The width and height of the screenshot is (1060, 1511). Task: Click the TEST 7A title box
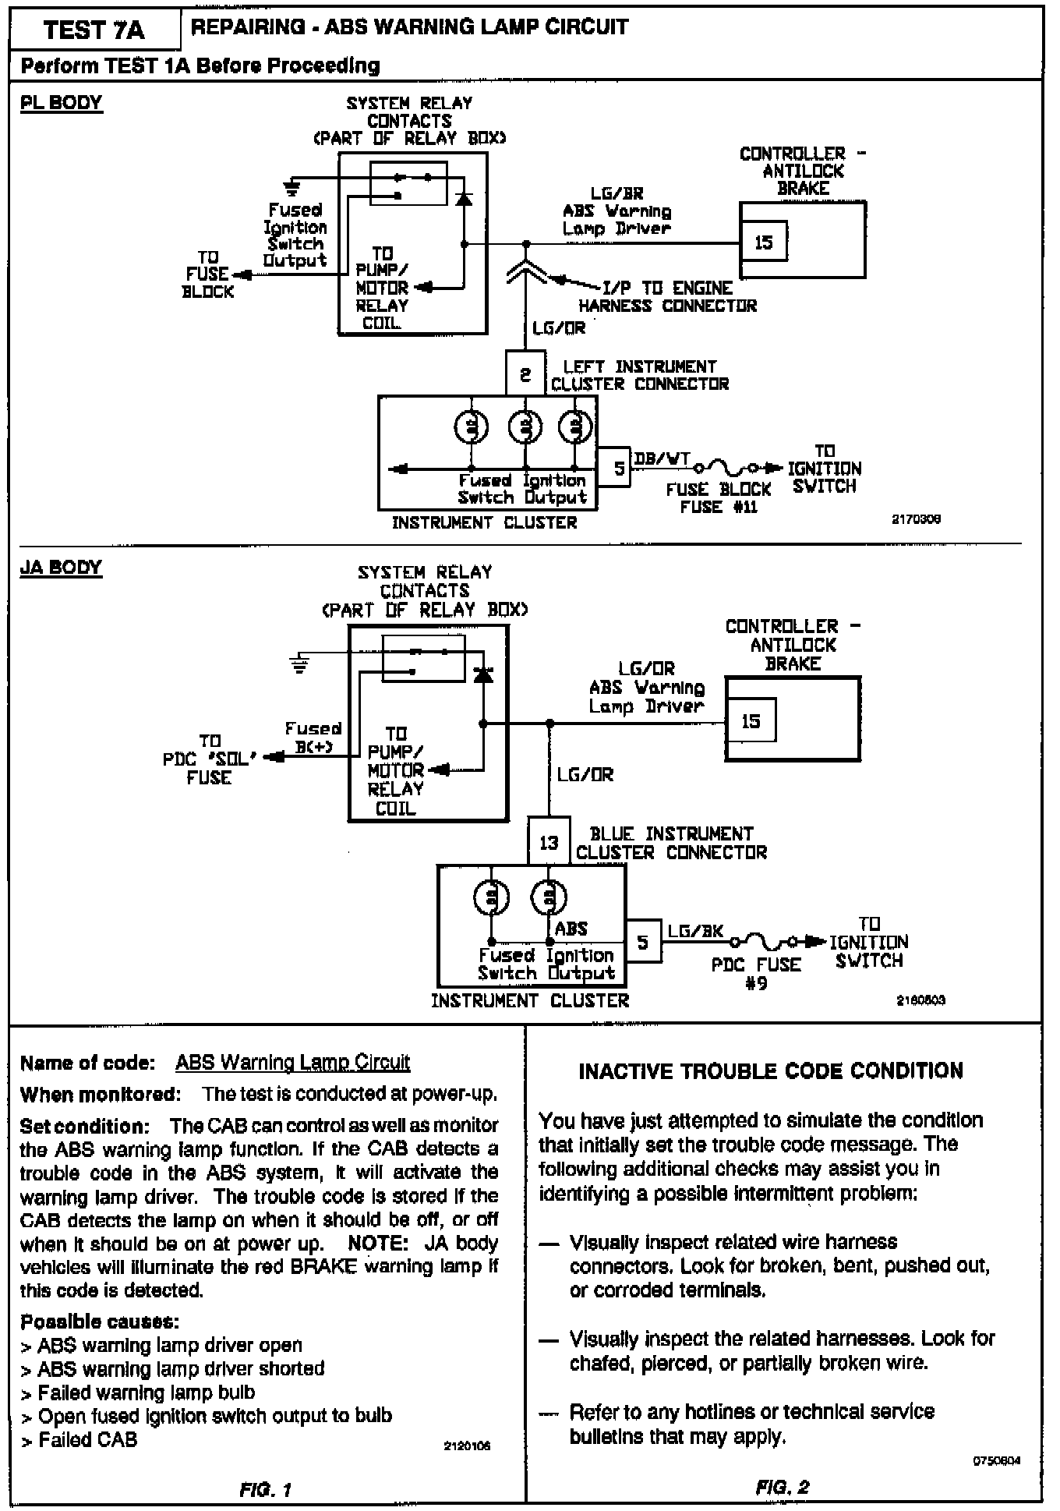(x=94, y=30)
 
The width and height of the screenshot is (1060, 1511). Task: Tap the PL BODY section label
(x=61, y=103)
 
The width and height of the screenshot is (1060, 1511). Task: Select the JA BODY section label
(x=61, y=567)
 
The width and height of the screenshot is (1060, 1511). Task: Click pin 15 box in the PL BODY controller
(x=763, y=242)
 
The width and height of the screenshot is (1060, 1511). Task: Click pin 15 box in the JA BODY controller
(x=751, y=721)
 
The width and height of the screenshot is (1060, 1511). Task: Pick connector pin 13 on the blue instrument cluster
(x=549, y=842)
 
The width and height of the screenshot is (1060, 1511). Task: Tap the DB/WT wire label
(x=662, y=459)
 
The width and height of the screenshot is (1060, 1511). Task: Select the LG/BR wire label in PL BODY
(x=617, y=193)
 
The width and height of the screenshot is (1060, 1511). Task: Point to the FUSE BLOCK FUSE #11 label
(x=718, y=498)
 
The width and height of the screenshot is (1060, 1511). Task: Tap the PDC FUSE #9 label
(x=756, y=973)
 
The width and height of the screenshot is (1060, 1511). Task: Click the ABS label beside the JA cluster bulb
(x=571, y=929)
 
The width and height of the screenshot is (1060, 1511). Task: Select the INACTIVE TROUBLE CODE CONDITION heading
(x=771, y=1070)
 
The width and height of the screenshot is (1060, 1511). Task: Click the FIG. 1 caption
(x=265, y=1490)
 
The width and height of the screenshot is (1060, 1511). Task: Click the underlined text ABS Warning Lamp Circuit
(x=292, y=1063)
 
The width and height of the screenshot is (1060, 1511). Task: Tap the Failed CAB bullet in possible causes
(x=87, y=1440)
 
